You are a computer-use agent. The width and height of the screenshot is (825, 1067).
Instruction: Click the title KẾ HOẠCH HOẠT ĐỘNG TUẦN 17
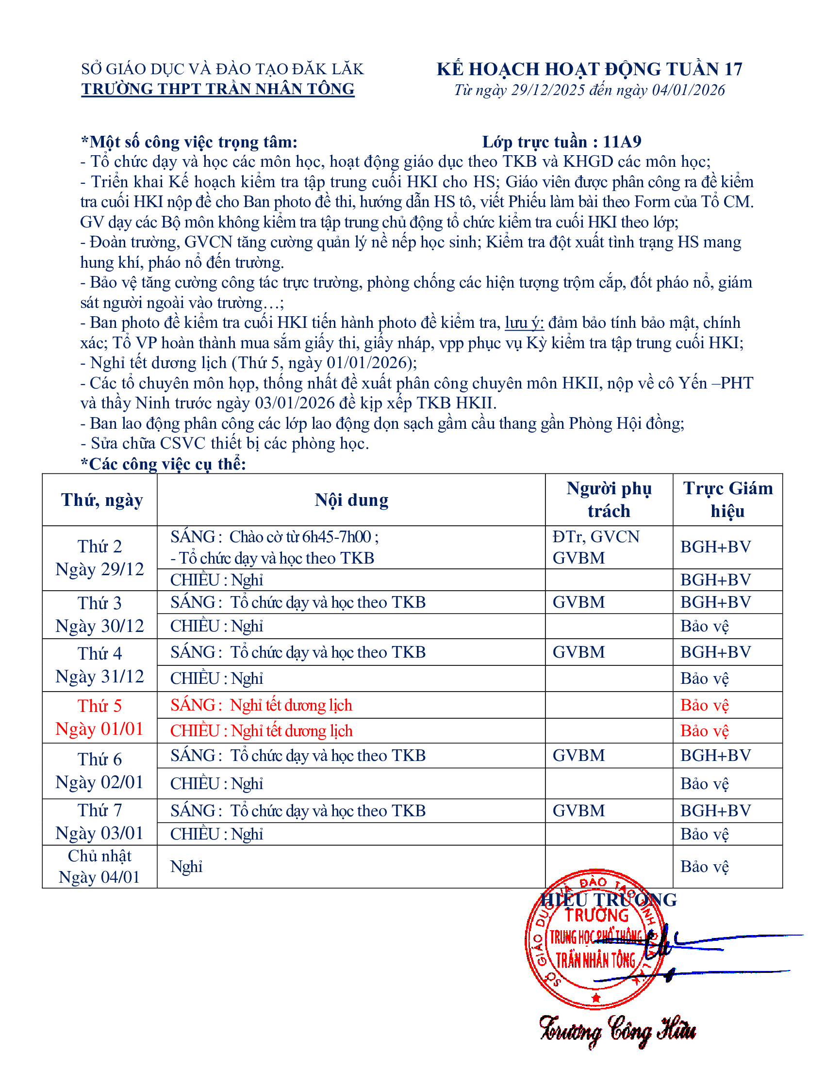pos(589,69)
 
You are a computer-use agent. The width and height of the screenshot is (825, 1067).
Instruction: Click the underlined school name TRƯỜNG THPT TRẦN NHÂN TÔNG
pos(218,89)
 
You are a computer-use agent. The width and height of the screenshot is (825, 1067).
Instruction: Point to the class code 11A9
pos(622,142)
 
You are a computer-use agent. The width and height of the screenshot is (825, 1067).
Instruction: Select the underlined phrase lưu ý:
pos(524,323)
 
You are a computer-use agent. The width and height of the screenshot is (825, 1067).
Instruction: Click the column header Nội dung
pos(351,500)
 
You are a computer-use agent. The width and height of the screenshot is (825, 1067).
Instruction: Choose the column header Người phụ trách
pos(609,499)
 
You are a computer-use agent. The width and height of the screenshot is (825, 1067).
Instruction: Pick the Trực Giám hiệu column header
pos(728,499)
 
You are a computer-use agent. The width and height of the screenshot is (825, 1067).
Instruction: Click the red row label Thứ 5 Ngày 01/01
pos(99,717)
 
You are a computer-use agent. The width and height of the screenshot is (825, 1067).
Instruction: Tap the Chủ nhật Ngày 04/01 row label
pos(99,866)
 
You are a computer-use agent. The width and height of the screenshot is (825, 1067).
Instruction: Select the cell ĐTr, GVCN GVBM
pos(596,547)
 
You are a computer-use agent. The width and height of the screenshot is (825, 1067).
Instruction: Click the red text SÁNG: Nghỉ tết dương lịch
pos(261,705)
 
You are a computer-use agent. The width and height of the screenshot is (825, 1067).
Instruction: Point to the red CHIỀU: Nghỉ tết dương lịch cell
pos(261,731)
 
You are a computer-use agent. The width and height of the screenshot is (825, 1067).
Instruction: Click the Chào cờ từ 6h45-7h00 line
pos(275,537)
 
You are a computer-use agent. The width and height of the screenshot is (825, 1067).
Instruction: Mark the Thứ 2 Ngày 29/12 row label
pos(99,558)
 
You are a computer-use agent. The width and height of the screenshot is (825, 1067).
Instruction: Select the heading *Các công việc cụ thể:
pos(163,464)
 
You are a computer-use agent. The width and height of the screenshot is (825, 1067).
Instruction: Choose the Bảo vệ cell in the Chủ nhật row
pos(704,867)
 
